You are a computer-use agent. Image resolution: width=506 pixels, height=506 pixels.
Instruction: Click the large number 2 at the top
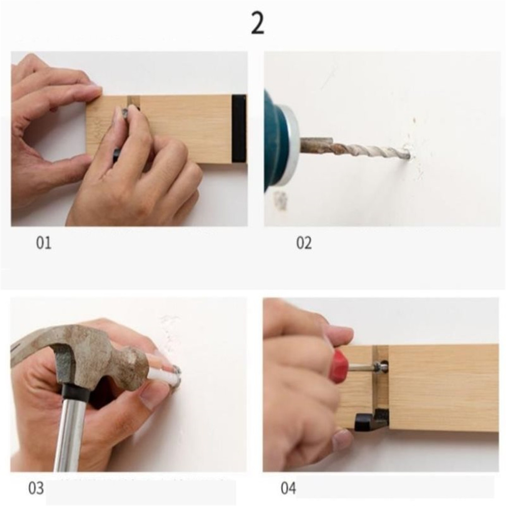[258, 24]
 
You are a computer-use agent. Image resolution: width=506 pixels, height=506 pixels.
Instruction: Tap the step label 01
[43, 243]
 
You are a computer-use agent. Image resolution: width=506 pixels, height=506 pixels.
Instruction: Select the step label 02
[304, 243]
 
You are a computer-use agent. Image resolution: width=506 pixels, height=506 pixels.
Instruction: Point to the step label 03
[36, 488]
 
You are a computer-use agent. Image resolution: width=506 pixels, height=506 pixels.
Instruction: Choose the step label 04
[288, 488]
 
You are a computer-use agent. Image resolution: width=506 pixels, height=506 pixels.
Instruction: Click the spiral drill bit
[355, 149]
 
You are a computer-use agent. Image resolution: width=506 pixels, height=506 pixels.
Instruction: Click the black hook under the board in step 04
[371, 420]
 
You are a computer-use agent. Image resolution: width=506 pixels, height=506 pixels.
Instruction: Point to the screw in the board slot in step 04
[381, 366]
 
